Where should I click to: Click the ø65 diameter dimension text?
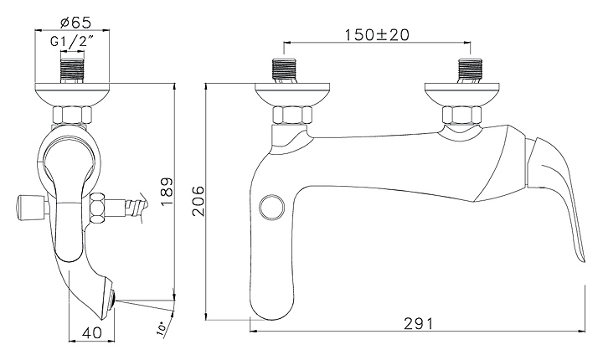click(75, 23)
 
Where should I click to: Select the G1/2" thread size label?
click(72, 41)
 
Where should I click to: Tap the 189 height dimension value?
click(167, 192)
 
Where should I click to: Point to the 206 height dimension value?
click(198, 201)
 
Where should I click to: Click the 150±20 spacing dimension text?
click(377, 35)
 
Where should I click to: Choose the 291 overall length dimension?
click(419, 323)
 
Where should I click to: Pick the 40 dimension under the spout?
click(93, 332)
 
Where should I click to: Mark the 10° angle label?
click(162, 329)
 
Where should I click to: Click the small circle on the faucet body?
click(271, 207)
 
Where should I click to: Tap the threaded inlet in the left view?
click(72, 71)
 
